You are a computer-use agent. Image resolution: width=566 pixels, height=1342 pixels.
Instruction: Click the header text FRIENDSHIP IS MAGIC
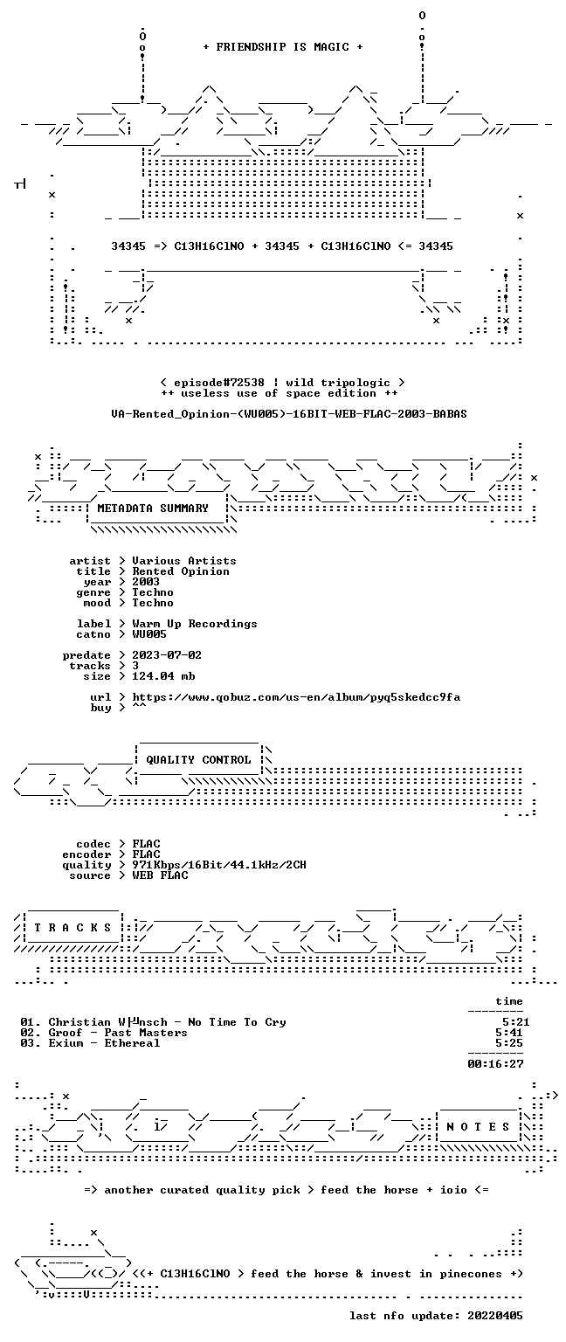tap(283, 46)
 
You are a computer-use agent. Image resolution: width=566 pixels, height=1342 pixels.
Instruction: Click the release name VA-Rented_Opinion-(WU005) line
tap(289, 414)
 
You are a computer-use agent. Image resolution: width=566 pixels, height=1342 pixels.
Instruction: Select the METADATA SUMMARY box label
tap(153, 508)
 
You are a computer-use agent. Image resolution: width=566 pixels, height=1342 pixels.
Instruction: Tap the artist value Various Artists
tap(184, 561)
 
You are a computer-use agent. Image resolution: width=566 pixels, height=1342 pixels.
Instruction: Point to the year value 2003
tap(146, 582)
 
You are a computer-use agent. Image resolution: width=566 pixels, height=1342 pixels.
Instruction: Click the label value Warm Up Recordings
tap(194, 624)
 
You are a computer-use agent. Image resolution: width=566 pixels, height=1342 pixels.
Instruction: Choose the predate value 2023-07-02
tap(167, 654)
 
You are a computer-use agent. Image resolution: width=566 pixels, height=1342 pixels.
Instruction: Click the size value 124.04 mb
tap(163, 675)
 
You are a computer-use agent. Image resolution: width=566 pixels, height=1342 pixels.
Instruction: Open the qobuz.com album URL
tap(296, 696)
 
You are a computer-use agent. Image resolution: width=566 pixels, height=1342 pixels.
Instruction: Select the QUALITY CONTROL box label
tap(198, 759)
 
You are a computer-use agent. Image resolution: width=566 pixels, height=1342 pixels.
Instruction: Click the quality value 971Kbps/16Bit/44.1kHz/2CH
tap(218, 864)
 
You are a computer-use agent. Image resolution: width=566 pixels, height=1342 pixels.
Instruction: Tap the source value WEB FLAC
tap(160, 875)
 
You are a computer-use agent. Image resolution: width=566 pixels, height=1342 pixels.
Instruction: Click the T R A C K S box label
tap(72, 927)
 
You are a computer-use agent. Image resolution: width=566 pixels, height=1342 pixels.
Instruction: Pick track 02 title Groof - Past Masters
tap(117, 1032)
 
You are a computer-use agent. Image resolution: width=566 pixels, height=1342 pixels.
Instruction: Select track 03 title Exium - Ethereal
tap(104, 1043)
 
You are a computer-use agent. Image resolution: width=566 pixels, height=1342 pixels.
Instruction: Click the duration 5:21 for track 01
tap(515, 1022)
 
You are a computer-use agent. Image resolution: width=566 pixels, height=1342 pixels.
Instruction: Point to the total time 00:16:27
tap(495, 1064)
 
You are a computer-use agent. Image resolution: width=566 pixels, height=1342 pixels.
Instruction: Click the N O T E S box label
tap(478, 1127)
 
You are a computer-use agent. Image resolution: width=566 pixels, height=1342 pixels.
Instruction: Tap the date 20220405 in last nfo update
tap(495, 1316)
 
